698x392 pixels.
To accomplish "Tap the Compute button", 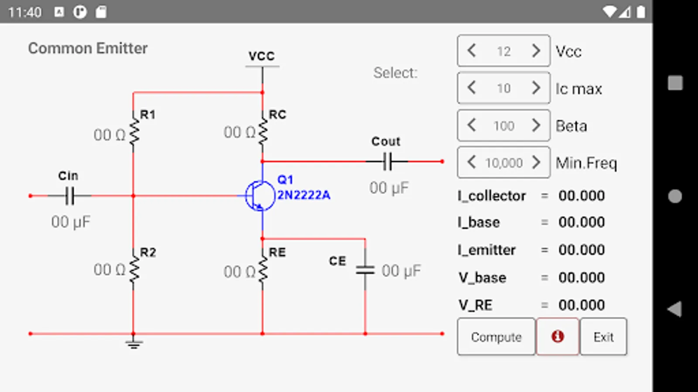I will click(496, 337).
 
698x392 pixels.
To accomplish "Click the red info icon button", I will click(558, 337).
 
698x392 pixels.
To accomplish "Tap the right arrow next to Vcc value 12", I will click(536, 51).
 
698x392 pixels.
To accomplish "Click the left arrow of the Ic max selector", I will click(471, 88).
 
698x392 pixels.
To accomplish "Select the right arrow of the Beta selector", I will click(536, 125).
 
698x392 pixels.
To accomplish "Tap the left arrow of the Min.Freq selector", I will click(471, 162).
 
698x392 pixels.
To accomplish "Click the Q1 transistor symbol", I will click(260, 196).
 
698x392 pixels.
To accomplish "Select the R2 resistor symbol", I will click(133, 269).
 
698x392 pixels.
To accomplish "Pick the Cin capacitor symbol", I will click(69, 196).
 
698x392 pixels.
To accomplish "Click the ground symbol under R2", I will click(133, 344).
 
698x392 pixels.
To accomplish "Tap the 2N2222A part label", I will click(304, 195).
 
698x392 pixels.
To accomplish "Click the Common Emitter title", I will click(88, 48).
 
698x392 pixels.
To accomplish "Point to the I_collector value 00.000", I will click(582, 196).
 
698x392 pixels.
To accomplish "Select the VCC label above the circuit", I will click(262, 56).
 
